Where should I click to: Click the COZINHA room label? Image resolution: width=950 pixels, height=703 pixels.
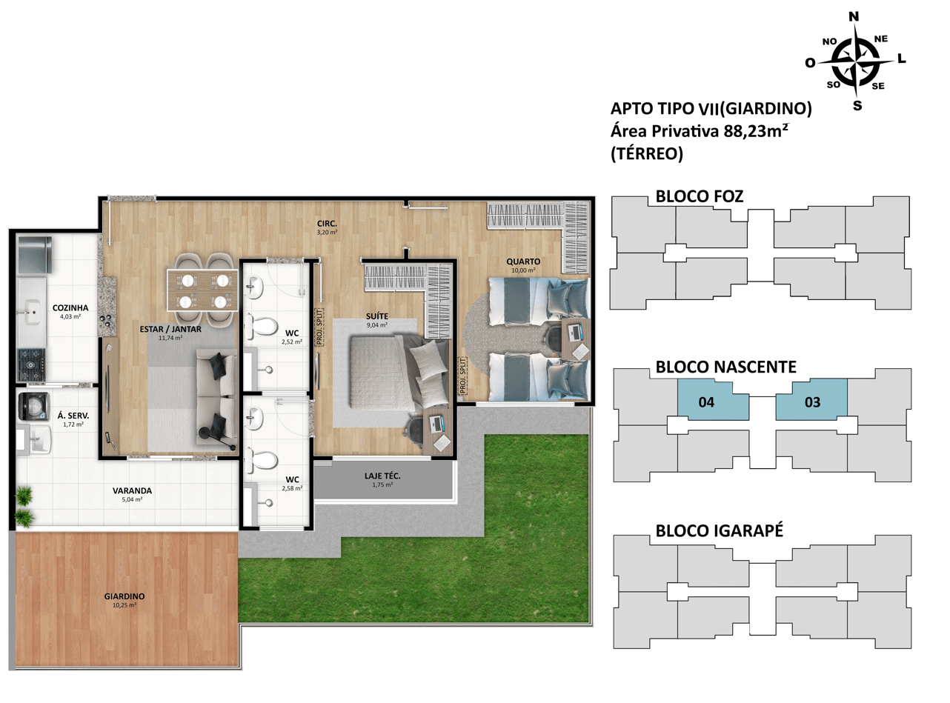click(x=70, y=307)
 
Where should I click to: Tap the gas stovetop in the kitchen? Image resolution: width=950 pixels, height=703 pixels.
click(x=31, y=364)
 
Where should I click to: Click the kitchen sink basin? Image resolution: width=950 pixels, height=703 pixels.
click(x=32, y=312)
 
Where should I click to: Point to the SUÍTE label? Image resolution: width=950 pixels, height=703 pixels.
click(x=377, y=316)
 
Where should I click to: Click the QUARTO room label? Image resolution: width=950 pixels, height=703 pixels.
click(x=523, y=261)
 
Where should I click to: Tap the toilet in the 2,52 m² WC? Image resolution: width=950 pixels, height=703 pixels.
click(x=261, y=327)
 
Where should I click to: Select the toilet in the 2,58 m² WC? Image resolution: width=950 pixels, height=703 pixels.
click(x=261, y=460)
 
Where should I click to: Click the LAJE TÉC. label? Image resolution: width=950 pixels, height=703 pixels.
click(x=382, y=476)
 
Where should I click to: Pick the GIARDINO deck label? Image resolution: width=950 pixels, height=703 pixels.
click(x=124, y=596)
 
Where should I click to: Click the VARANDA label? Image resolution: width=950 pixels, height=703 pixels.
click(x=132, y=490)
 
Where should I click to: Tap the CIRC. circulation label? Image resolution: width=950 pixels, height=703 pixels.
click(x=327, y=223)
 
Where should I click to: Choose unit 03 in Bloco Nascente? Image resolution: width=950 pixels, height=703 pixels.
click(x=811, y=400)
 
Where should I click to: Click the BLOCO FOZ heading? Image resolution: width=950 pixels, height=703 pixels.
click(x=699, y=196)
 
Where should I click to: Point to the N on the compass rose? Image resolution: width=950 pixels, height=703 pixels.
click(x=854, y=16)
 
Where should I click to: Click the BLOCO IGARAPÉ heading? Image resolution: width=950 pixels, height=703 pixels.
click(x=719, y=530)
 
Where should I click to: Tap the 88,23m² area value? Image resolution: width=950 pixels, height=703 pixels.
click(x=756, y=130)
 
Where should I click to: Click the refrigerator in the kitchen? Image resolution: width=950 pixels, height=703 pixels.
click(x=34, y=255)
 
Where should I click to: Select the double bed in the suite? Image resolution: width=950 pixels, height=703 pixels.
click(x=399, y=372)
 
